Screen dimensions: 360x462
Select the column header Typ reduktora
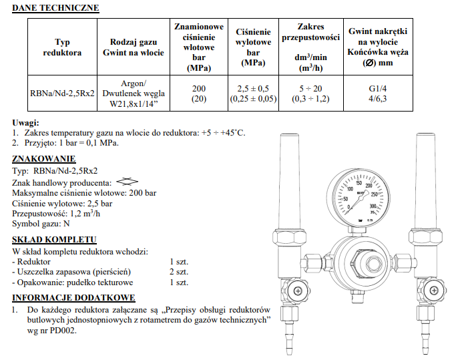click(62, 47)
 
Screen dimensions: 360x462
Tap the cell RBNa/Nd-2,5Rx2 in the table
click(62, 94)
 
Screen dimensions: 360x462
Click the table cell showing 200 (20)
click(198, 94)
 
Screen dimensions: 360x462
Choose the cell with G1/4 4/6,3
click(379, 94)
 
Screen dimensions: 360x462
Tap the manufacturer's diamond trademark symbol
click(127, 181)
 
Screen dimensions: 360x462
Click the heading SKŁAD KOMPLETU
click(55, 240)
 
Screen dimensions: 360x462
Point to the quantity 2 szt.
click(179, 272)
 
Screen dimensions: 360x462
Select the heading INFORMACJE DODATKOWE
click(73, 298)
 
